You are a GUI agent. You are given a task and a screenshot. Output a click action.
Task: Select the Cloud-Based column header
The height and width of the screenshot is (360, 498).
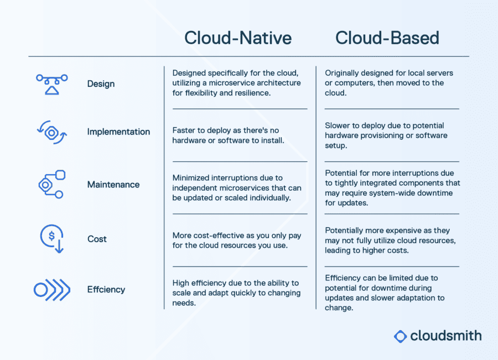(387, 38)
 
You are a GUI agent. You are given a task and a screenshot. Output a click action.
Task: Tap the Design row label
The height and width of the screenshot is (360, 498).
(101, 84)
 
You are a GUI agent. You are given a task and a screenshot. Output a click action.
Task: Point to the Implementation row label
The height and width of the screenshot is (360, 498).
(118, 132)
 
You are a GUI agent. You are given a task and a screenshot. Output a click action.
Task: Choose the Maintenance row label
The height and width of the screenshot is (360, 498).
(113, 185)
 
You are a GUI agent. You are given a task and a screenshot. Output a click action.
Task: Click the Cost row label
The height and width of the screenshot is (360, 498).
(97, 239)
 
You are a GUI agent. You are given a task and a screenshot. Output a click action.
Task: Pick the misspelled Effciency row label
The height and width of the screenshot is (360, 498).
(106, 289)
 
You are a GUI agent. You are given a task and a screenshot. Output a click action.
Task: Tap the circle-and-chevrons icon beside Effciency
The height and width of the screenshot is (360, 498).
(52, 289)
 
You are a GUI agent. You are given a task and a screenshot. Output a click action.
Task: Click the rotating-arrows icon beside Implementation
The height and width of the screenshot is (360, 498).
(52, 133)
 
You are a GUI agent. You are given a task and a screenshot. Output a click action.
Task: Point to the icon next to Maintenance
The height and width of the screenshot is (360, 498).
(52, 185)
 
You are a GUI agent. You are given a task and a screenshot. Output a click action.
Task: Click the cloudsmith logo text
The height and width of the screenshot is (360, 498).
(445, 336)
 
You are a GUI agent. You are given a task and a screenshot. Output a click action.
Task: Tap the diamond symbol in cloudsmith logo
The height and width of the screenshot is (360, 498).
(401, 336)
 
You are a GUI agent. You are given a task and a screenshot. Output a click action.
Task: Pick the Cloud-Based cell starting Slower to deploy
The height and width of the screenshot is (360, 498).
(386, 135)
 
